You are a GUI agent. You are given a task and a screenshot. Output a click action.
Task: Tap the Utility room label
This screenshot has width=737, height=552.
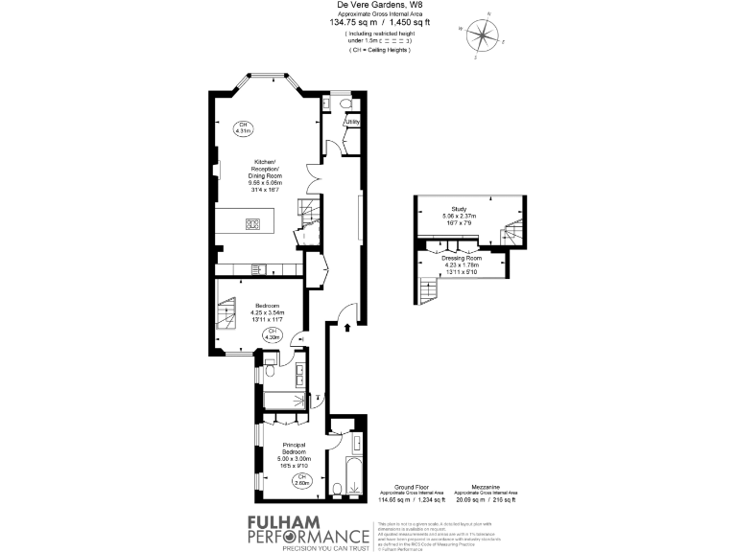click(352, 122)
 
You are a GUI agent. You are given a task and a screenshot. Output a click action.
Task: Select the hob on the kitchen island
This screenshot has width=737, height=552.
click(253, 224)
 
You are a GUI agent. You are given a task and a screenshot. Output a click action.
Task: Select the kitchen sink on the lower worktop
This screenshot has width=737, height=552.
click(256, 267)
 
